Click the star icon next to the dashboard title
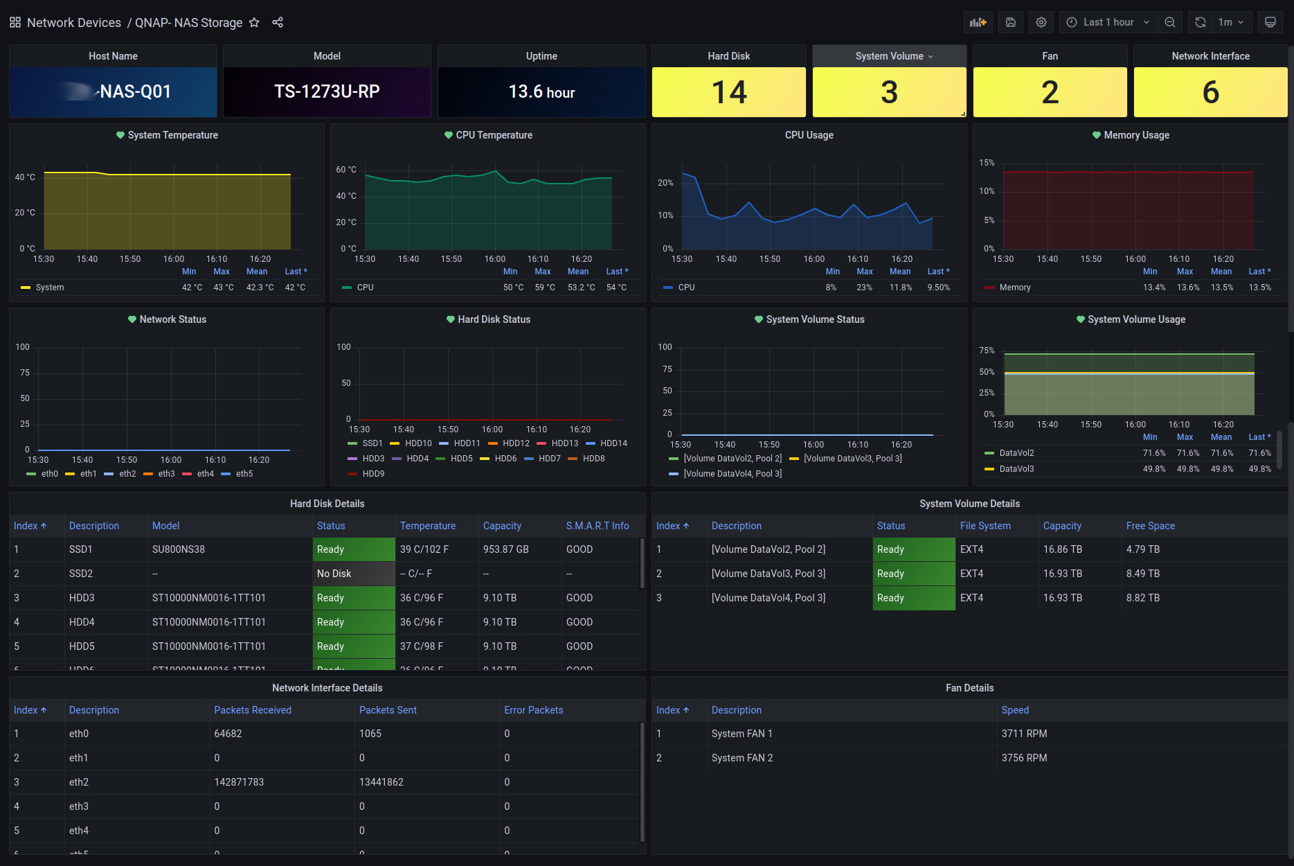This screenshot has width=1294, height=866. pyautogui.click(x=254, y=22)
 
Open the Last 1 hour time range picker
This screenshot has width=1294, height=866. pyautogui.click(x=1108, y=22)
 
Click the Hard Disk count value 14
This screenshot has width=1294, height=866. pyautogui.click(x=728, y=92)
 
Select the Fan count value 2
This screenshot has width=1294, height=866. pyautogui.click(x=1050, y=92)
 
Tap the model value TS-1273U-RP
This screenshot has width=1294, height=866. pyautogui.click(x=327, y=91)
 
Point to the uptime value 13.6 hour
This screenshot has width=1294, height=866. pyautogui.click(x=541, y=92)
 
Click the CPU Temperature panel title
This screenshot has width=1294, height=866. pyautogui.click(x=494, y=135)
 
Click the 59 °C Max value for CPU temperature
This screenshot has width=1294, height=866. pyautogui.click(x=544, y=288)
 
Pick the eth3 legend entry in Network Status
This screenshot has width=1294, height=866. pyautogui.click(x=166, y=474)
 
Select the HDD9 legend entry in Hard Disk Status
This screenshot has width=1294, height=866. pyautogui.click(x=373, y=474)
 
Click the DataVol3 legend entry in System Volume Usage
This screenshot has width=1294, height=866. pyautogui.click(x=1016, y=469)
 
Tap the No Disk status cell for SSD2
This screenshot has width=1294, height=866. pyautogui.click(x=334, y=574)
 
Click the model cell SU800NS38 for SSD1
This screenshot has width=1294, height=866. pyautogui.click(x=179, y=549)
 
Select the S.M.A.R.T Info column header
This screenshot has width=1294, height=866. pyautogui.click(x=597, y=526)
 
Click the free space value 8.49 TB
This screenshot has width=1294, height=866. pyautogui.click(x=1142, y=574)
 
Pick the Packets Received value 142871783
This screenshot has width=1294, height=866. pyautogui.click(x=239, y=782)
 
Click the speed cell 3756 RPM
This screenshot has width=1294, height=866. pyautogui.click(x=1024, y=758)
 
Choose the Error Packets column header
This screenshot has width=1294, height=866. pyautogui.click(x=533, y=710)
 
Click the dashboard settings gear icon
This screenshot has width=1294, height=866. pyautogui.click(x=1041, y=22)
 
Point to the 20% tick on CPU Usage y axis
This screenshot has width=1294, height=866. pyautogui.click(x=665, y=183)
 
